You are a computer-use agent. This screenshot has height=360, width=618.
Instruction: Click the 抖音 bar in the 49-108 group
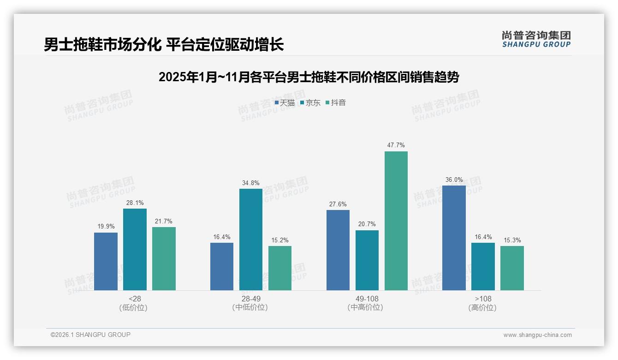(x=396, y=221)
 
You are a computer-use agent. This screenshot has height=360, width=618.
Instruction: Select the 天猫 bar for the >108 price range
(x=454, y=238)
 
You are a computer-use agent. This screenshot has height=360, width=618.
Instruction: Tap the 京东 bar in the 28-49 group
(x=251, y=239)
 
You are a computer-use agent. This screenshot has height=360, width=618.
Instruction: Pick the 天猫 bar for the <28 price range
(x=106, y=261)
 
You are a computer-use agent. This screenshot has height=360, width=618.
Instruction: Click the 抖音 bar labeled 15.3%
(x=512, y=268)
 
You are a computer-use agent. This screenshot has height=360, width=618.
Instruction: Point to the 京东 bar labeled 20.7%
(x=367, y=260)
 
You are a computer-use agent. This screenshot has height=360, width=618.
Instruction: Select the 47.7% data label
(x=396, y=145)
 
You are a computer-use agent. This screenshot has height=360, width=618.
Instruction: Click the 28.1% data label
(x=135, y=203)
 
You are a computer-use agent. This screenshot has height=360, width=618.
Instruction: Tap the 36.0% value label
(x=454, y=180)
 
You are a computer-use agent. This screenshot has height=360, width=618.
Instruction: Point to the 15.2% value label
(x=280, y=240)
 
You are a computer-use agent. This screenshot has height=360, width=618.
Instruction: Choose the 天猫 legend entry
(x=285, y=103)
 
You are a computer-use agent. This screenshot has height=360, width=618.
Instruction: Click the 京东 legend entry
(x=310, y=103)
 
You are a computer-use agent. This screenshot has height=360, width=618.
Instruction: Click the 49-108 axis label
(x=367, y=299)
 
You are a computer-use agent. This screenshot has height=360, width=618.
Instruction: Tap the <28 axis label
(x=135, y=299)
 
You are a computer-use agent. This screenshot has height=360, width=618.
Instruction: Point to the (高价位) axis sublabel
(x=483, y=307)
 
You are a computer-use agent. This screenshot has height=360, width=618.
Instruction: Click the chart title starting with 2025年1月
(x=309, y=77)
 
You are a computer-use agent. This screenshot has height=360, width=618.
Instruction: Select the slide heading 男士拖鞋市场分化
(x=164, y=44)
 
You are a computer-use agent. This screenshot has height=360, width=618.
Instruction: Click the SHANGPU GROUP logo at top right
(x=536, y=39)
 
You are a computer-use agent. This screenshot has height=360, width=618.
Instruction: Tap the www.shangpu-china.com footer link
(x=537, y=335)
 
